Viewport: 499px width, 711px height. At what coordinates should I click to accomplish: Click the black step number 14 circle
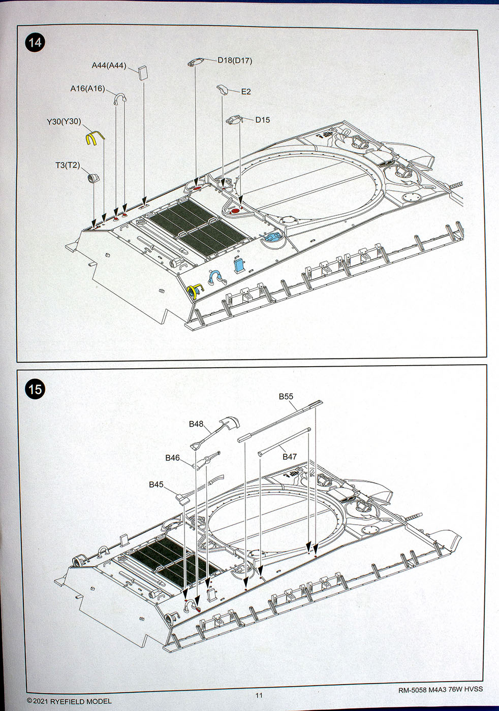pos(35,42)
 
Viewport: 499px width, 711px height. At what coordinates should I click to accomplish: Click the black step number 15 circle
pos(35,390)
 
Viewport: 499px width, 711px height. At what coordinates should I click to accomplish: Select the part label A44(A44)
pos(109,66)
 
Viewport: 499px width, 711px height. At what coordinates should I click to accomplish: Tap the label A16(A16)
pos(87,89)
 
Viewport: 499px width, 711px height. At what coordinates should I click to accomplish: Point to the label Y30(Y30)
pos(64,122)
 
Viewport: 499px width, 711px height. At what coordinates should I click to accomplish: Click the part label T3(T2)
pos(68,166)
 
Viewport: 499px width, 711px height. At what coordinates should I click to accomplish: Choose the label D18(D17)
pos(235,60)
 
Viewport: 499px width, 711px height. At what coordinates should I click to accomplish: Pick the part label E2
pos(246,92)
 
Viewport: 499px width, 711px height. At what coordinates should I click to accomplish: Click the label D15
pos(262,120)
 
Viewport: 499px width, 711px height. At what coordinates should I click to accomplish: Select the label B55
pos(286,397)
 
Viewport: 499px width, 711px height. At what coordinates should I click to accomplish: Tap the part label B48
pos(196,424)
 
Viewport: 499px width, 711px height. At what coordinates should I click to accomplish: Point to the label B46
pos(172,458)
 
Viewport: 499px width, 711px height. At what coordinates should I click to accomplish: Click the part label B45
pos(156,484)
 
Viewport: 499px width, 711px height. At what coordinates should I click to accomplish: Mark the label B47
pos(290,457)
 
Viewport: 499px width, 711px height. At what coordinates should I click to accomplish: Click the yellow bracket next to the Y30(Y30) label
pos(93,139)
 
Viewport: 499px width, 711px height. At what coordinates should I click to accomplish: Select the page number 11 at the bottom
pos(259,695)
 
